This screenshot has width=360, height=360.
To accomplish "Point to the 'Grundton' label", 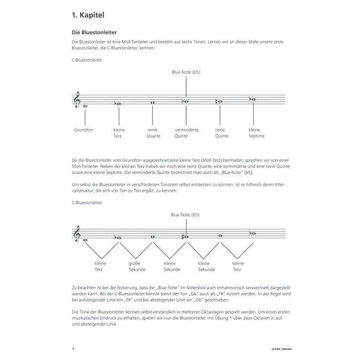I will (83, 129).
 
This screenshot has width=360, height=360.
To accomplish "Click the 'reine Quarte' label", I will (153, 132).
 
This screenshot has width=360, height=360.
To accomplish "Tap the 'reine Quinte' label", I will (221, 132).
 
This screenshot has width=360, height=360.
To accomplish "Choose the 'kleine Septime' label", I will (254, 132).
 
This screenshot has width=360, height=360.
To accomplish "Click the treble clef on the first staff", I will (76, 101).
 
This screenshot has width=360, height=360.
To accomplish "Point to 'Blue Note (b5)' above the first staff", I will (185, 73).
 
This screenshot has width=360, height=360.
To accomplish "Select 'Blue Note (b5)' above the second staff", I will (185, 214).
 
